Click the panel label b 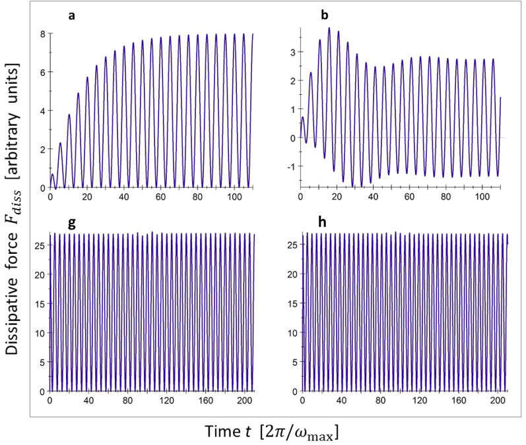click(x=325, y=15)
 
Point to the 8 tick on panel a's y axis click(x=43, y=33)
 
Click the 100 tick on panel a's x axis click(x=233, y=197)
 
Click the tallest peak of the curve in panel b click(x=329, y=28)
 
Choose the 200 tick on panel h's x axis click(x=498, y=400)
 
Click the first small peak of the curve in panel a click(x=53, y=175)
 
